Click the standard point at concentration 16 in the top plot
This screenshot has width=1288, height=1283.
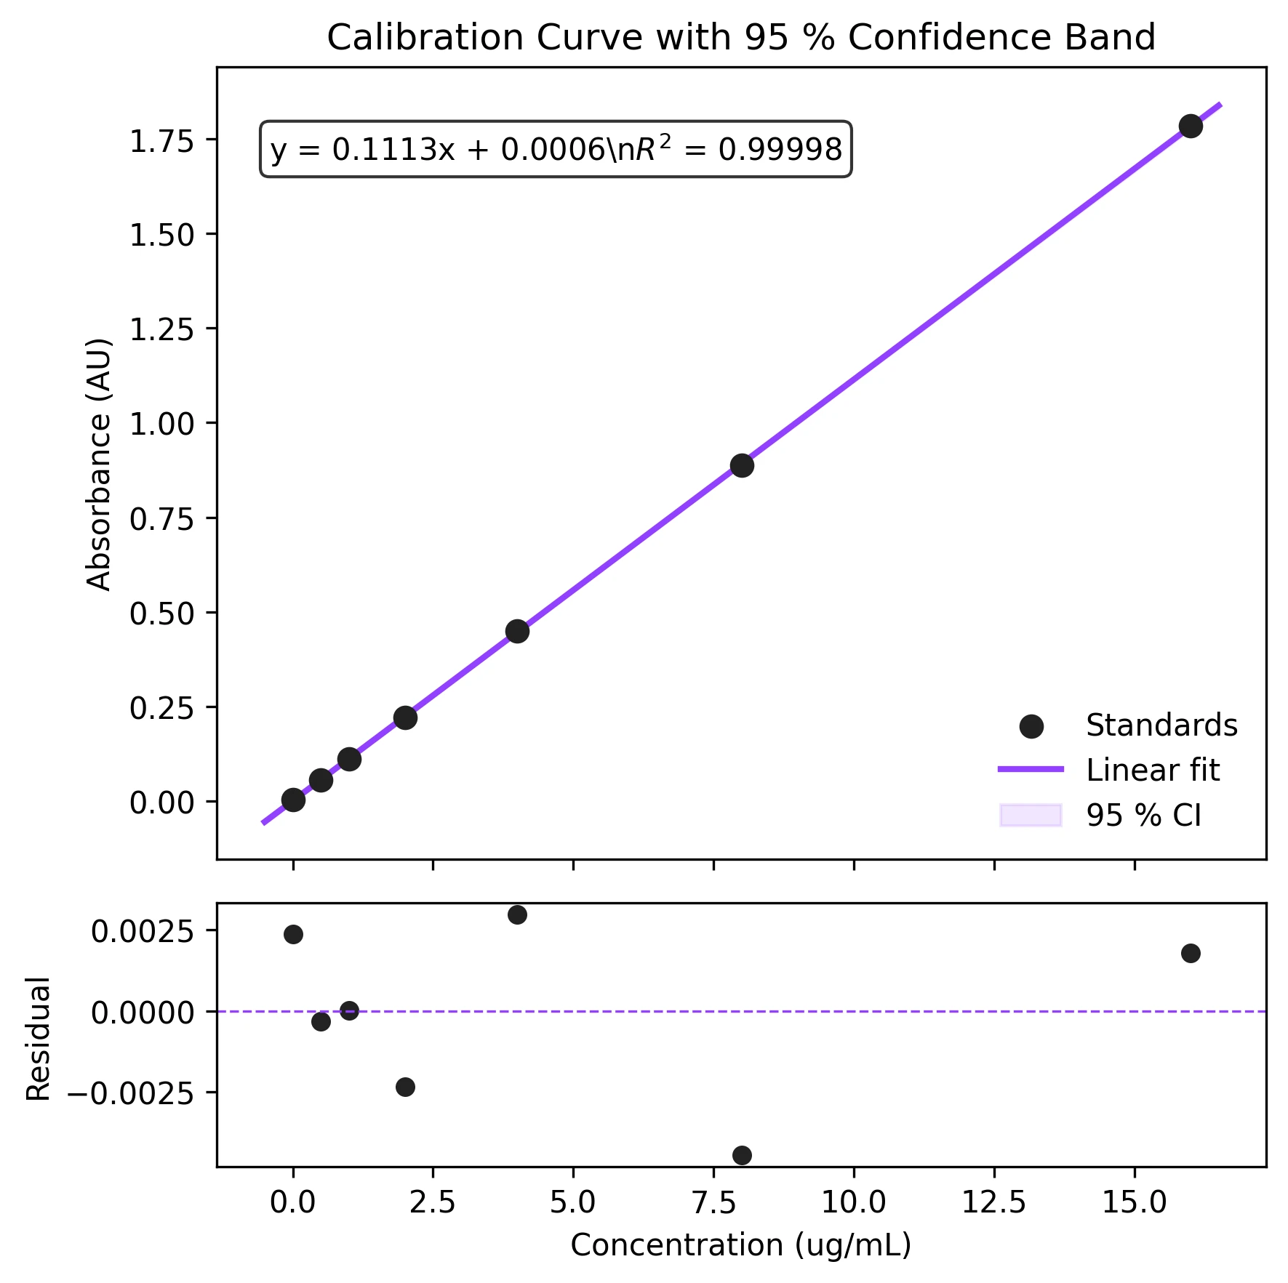tap(1191, 126)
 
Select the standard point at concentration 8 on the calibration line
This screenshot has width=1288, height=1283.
tap(742, 465)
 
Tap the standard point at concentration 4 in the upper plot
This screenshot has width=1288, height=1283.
tap(517, 631)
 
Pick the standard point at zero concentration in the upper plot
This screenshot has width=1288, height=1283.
tap(293, 800)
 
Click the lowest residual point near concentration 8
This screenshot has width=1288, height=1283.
tap(742, 1155)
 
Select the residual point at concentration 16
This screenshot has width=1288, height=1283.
tap(1191, 953)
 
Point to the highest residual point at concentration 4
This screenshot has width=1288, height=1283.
tap(517, 914)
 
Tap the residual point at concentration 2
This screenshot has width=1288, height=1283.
tap(405, 1087)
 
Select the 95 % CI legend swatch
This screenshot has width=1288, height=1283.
tap(1031, 815)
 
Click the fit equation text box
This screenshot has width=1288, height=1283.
tap(556, 149)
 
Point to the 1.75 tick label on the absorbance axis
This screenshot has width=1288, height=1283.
tap(161, 140)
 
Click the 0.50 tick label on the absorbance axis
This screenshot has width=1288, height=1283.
tap(161, 614)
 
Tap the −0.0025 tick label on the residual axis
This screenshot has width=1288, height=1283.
tap(131, 1093)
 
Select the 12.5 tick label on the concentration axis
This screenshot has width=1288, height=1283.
tap(993, 1202)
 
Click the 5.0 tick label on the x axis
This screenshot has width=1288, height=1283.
tap(573, 1202)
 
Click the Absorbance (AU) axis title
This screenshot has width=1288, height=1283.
tap(99, 464)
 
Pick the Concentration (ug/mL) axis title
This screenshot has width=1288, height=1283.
tap(740, 1245)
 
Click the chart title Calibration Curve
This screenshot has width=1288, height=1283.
tap(740, 37)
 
